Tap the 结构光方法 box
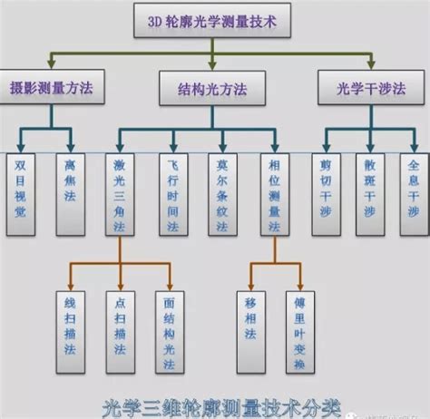coord(214,88)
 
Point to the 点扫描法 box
coord(120,331)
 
